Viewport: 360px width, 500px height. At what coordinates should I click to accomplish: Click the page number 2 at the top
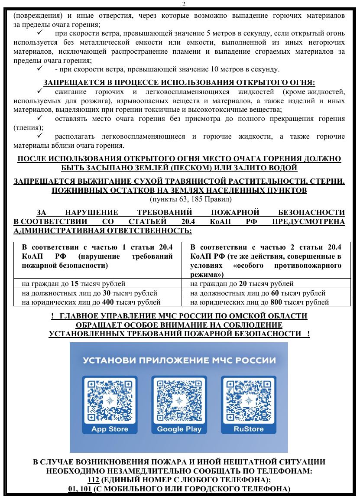click(180, 4)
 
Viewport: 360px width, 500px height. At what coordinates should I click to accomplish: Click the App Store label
click(110, 429)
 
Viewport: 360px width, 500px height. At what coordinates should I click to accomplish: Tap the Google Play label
click(179, 429)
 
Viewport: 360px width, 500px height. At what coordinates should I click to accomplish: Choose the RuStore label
click(248, 429)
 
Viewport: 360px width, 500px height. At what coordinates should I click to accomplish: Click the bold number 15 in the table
click(74, 284)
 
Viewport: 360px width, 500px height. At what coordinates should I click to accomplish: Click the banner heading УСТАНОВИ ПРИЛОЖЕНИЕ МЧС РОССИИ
click(179, 360)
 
